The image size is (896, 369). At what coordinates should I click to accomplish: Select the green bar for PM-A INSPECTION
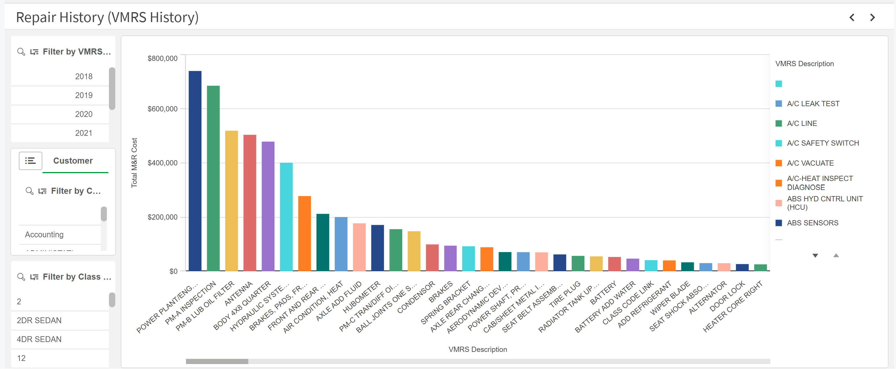tap(213, 178)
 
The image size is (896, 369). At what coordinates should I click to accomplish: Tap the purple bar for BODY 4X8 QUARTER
tap(268, 206)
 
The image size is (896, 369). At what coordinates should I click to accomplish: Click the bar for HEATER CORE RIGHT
tap(760, 267)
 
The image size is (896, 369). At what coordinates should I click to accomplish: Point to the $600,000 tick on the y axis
tap(163, 109)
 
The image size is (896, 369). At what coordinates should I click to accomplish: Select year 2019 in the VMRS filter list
tap(83, 95)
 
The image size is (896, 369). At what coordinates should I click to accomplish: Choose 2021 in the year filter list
tap(83, 133)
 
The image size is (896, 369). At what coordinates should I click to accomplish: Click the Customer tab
tap(73, 161)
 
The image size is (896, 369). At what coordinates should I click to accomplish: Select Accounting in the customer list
tap(44, 234)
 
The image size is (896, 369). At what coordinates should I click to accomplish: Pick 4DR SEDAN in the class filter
tap(39, 339)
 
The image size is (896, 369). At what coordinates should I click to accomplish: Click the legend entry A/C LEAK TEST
tap(813, 104)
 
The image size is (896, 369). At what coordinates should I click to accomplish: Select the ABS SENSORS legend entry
tap(813, 223)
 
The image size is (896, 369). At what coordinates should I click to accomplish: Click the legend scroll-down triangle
tap(815, 255)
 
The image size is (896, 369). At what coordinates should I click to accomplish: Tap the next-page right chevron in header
tap(872, 17)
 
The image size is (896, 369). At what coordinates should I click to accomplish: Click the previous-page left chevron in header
tap(852, 17)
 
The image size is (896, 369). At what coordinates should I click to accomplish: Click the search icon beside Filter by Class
tap(21, 277)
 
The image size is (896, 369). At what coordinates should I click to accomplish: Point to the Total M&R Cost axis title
tap(134, 163)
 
